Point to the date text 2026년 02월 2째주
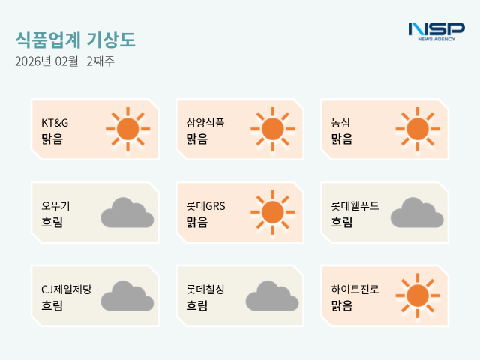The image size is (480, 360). click(64, 61)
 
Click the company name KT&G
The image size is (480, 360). click(55, 122)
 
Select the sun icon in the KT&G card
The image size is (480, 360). click(127, 129)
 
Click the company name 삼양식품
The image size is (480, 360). click(205, 122)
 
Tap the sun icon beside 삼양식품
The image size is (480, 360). click(272, 129)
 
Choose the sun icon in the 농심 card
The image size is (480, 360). click(417, 129)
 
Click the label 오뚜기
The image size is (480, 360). click(56, 205)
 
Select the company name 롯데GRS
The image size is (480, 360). click(206, 205)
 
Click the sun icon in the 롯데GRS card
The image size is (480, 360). click(272, 212)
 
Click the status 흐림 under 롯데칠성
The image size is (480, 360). click(197, 305)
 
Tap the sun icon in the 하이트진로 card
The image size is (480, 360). click(417, 295)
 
